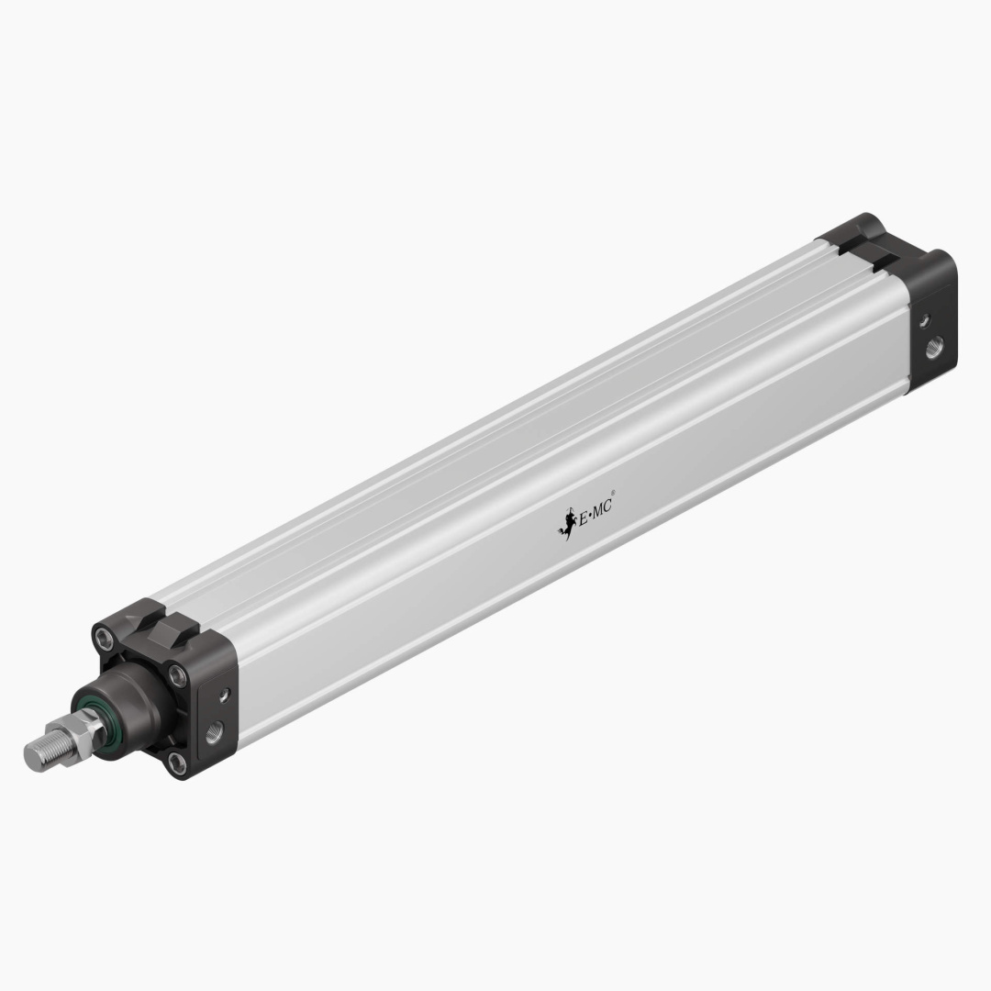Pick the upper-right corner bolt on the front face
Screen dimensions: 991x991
click(x=178, y=676)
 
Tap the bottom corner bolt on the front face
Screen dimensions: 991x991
click(x=178, y=761)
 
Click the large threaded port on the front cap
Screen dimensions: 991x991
click(x=214, y=730)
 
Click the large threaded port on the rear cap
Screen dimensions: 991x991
click(x=934, y=348)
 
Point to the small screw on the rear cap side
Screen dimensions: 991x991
click(x=925, y=319)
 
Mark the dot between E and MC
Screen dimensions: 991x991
click(x=593, y=515)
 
